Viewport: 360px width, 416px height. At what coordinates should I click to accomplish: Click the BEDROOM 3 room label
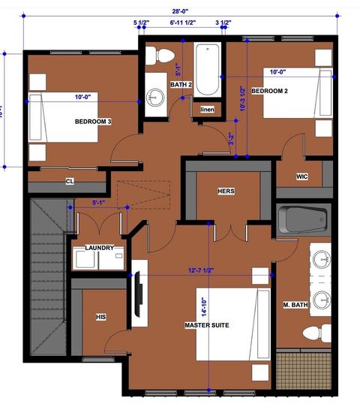93,121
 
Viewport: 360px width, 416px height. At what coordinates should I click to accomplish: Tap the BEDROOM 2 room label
270,90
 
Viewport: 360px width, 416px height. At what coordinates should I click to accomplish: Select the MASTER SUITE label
207,325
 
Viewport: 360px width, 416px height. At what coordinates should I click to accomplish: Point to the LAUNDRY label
100,248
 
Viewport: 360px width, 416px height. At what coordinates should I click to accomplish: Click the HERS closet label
226,191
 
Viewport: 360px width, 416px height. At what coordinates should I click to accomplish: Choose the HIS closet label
100,318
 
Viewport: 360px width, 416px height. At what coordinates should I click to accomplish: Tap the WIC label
302,176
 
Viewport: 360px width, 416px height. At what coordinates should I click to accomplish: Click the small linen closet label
208,110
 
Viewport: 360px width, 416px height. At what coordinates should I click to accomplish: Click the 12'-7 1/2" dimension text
207,270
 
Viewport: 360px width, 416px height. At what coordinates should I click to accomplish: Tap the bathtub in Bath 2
207,71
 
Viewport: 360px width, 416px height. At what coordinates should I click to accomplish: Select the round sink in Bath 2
156,96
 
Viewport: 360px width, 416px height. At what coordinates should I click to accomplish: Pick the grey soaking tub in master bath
303,220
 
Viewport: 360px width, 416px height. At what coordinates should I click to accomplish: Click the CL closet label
70,181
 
